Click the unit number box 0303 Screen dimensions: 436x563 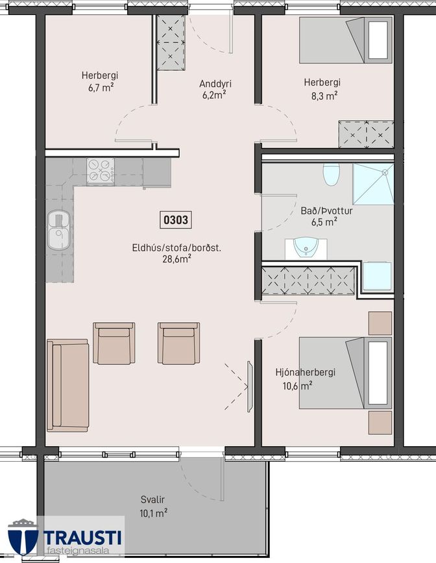175,219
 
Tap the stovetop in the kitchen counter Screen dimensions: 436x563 101,171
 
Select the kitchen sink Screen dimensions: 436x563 59,230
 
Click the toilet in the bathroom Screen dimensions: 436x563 331,174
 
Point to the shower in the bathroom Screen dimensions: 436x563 373,184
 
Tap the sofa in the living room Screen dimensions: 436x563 68,385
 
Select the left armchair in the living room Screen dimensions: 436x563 114,344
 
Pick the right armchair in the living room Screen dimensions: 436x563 178,344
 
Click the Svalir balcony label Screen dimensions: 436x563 153,499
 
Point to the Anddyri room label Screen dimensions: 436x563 215,84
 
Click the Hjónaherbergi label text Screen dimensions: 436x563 306,372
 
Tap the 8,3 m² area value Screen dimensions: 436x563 324,96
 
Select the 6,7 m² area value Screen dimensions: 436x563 101,88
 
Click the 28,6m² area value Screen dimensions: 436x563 176,259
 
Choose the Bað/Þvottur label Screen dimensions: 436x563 326,211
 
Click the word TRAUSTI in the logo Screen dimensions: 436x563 82,538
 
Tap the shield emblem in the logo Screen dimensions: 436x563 23,537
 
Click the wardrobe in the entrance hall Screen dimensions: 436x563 171,42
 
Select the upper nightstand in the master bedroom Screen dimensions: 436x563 380,323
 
